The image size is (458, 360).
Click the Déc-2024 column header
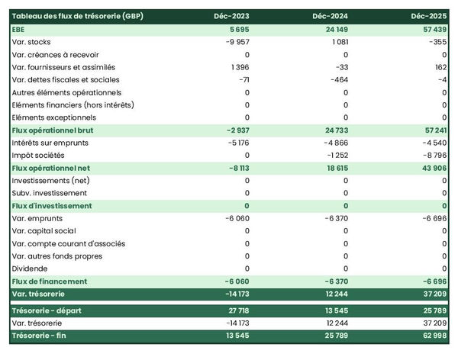[x=331, y=16]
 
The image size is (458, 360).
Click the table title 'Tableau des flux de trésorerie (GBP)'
[x=78, y=16]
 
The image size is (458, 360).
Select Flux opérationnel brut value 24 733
[x=332, y=130]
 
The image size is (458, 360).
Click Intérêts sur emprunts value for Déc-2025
[x=432, y=143]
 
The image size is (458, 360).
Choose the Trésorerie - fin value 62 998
[x=431, y=336]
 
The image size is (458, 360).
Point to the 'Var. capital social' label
[x=45, y=230]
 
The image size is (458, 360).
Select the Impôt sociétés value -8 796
[x=432, y=155]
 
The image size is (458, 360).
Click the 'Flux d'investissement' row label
[x=52, y=206]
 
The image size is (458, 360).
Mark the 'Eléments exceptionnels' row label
[x=54, y=117]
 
